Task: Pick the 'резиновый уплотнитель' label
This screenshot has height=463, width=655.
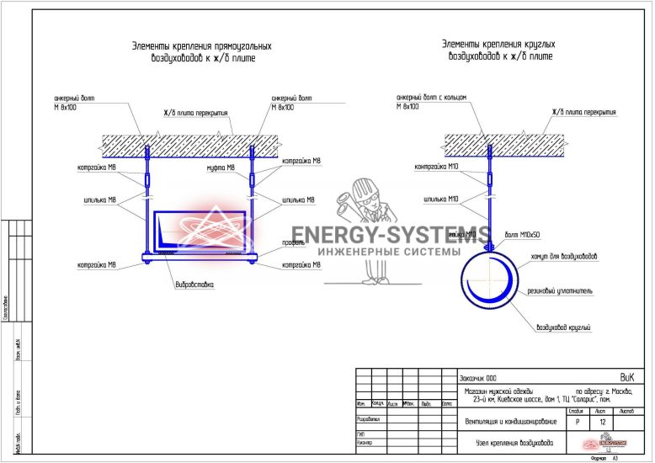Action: point(561,292)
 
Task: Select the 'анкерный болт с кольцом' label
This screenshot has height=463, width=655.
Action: point(430,98)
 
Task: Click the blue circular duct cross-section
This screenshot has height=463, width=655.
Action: point(487,279)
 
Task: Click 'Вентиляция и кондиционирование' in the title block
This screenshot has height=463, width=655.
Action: point(510,421)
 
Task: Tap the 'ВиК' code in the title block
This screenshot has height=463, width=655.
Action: point(626,376)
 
